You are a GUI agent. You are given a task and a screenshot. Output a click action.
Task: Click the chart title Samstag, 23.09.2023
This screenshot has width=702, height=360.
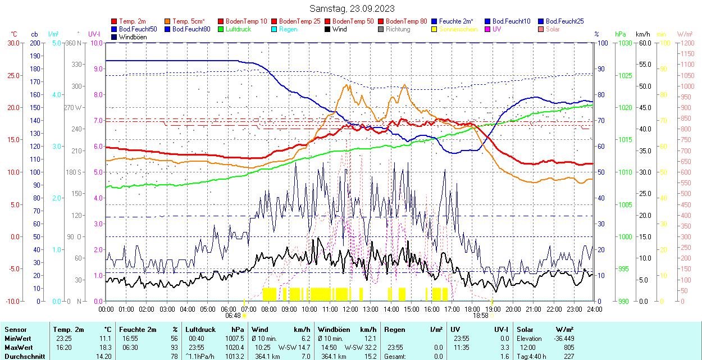(352, 8)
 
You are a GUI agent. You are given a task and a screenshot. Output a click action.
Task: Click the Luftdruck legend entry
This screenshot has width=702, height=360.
(238, 29)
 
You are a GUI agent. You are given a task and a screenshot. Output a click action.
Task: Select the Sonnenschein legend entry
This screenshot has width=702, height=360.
(458, 29)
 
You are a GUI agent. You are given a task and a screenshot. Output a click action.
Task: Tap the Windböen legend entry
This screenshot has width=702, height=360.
(135, 37)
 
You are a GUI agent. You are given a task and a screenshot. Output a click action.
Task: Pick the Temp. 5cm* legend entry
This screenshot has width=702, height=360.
(188, 21)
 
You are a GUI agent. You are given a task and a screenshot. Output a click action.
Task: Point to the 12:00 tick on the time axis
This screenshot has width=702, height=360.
(350, 309)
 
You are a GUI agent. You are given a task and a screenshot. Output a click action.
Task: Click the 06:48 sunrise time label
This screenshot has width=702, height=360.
(233, 316)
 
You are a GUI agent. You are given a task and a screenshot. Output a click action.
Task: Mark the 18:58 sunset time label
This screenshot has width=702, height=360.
(481, 316)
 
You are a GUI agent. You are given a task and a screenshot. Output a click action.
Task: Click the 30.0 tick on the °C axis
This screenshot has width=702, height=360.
(13, 43)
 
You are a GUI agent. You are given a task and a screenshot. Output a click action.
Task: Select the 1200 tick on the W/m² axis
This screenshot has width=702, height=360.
(687, 43)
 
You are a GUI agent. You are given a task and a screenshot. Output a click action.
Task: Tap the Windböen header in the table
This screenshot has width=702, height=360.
(333, 329)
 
